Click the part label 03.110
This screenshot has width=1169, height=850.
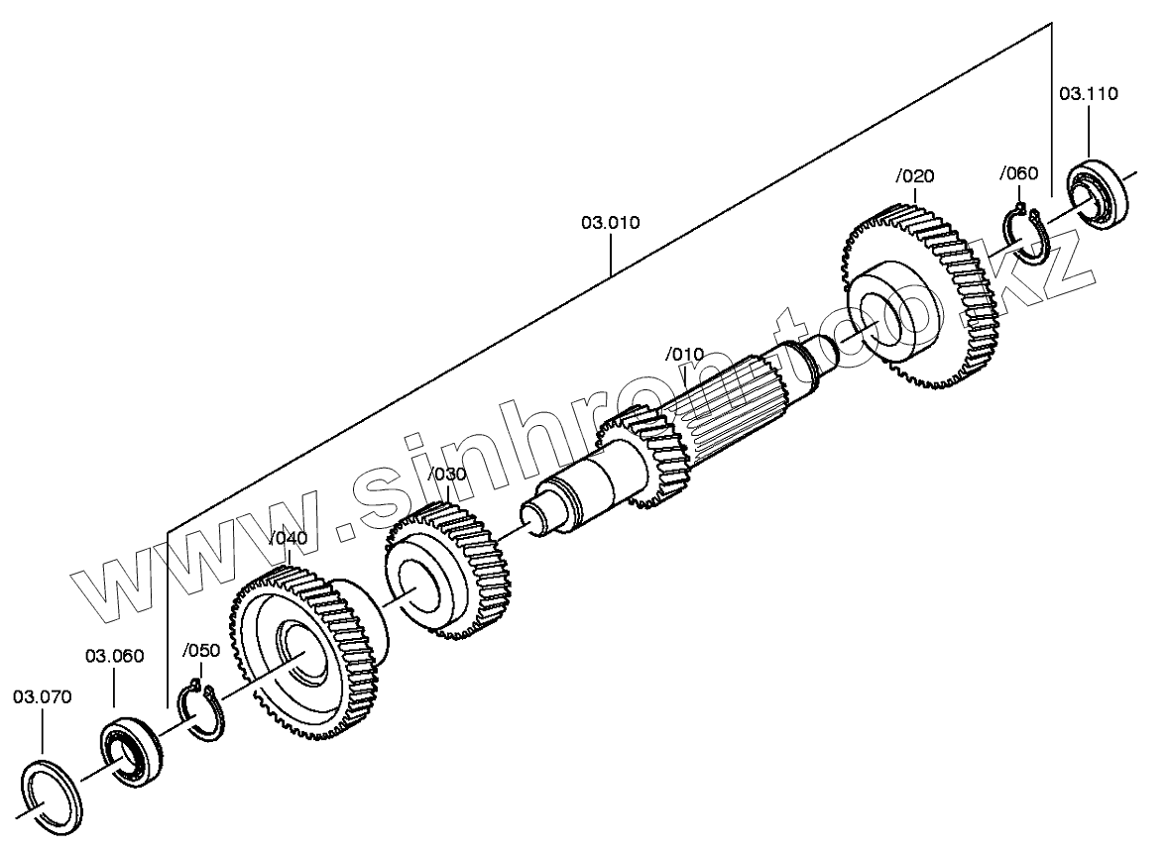point(1088,94)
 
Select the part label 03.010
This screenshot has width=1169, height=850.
point(610,222)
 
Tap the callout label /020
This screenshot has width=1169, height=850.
point(914,176)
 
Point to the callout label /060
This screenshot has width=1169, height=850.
point(1018,173)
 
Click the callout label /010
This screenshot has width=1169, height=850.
point(684,354)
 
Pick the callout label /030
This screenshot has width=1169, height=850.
point(446,475)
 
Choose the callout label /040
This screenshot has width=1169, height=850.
point(289,538)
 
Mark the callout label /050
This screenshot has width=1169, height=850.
point(201,650)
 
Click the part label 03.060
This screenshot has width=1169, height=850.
point(114,655)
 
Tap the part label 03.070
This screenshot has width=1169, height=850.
point(43,696)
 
